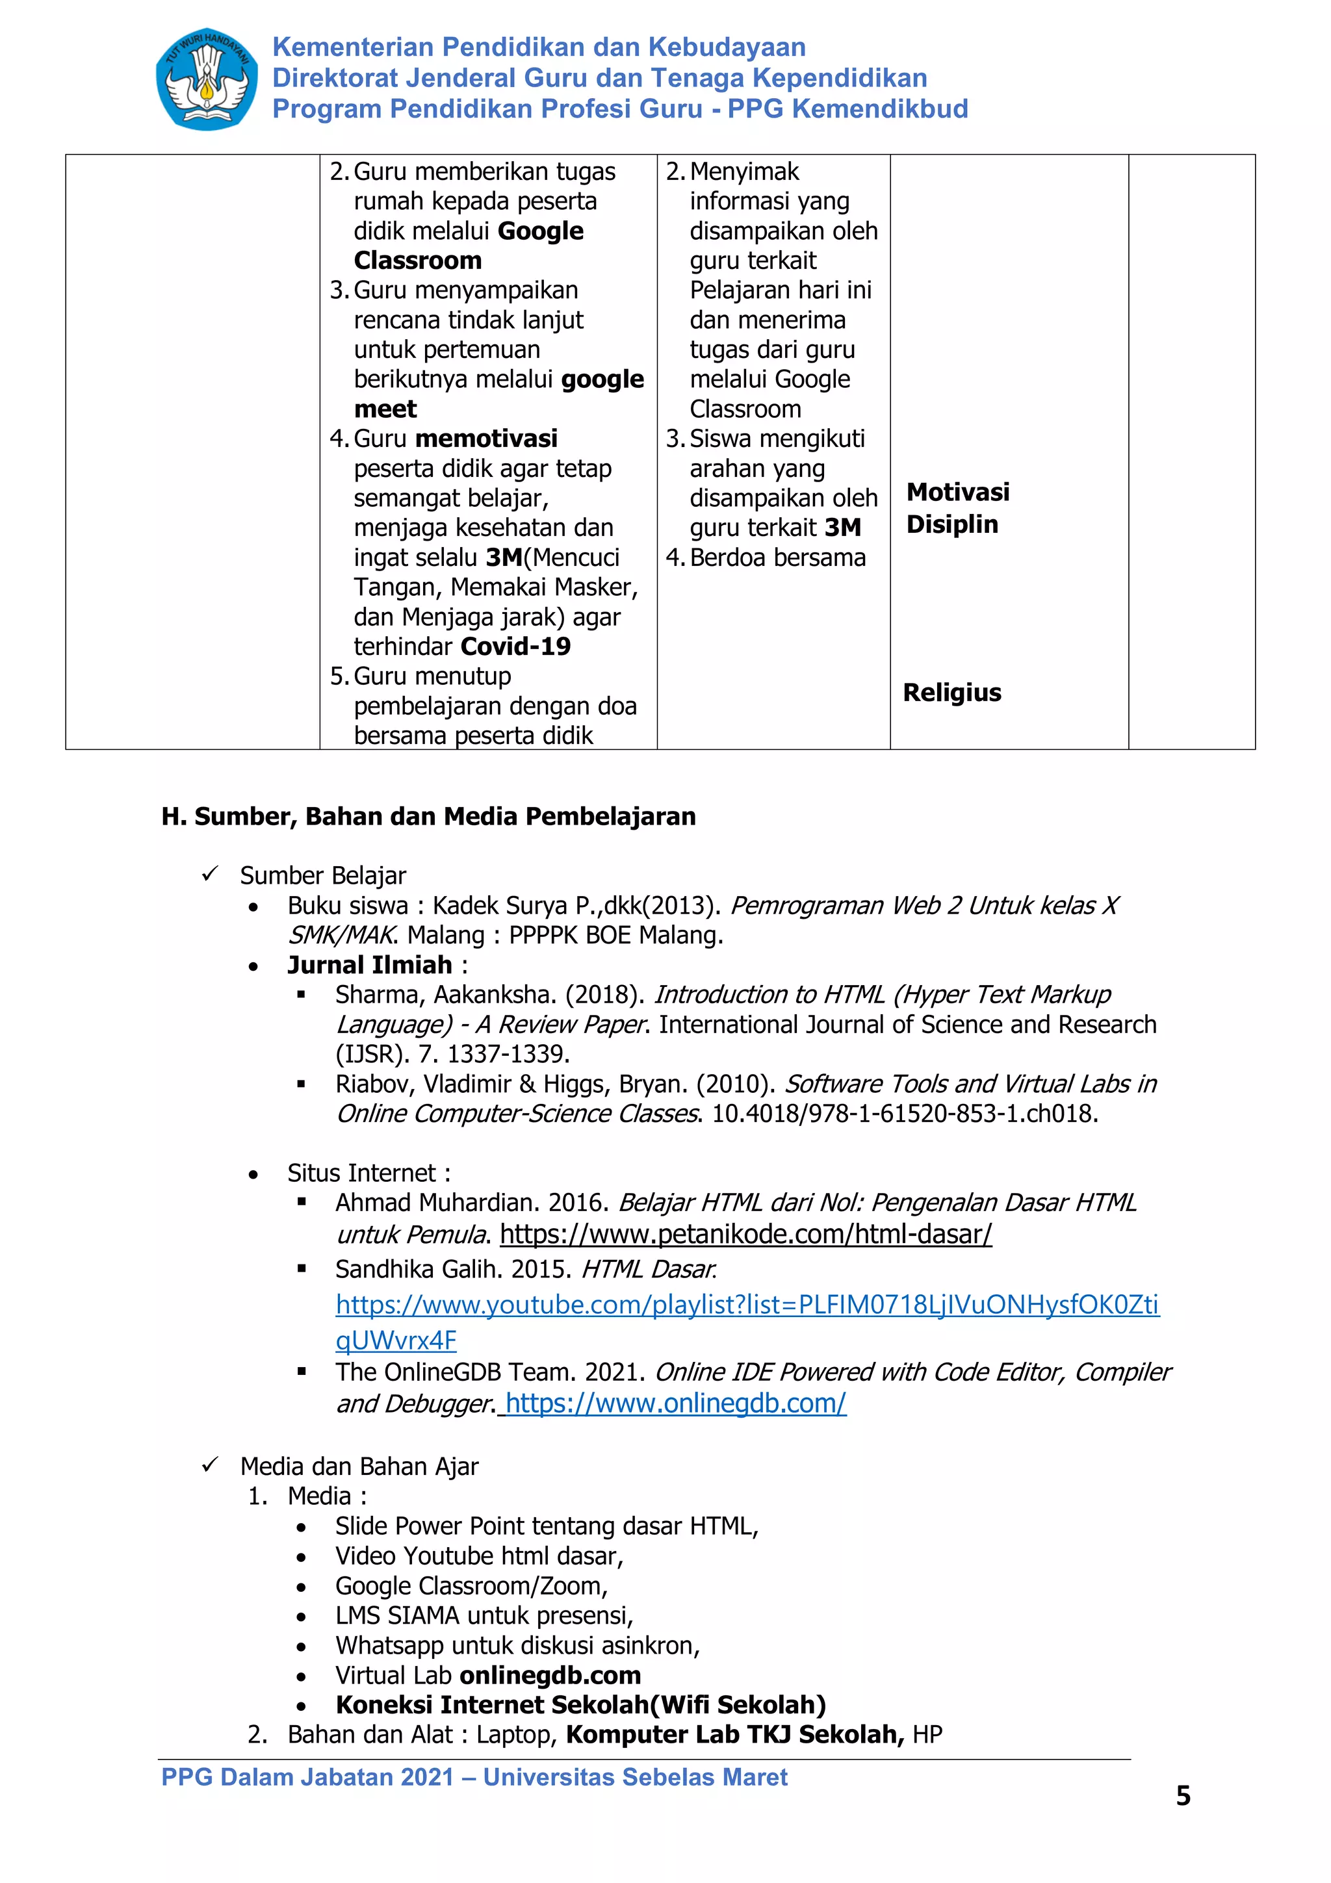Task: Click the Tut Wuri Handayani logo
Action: pos(206,79)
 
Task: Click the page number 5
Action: pos(1183,1796)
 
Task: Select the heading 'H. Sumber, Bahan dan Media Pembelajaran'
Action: pos(428,817)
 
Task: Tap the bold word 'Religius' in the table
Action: pos(951,693)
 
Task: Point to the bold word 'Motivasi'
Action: pos(957,492)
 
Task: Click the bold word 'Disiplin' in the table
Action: pos(951,525)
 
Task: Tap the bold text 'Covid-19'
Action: pos(514,647)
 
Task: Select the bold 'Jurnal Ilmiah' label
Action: pos(369,966)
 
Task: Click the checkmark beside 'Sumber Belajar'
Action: pos(210,875)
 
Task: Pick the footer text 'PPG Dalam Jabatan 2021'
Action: pos(307,1777)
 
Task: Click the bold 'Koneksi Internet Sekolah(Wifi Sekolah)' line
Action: pos(580,1705)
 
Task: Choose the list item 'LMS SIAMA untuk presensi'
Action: pos(483,1616)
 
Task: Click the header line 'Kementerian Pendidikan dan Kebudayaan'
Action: pos(538,47)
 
